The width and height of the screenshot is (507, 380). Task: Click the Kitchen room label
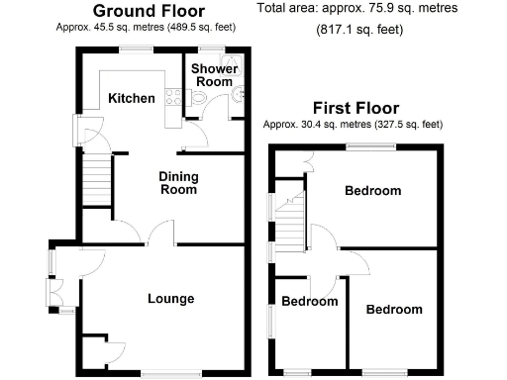132,99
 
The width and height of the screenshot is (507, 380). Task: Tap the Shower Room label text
214,75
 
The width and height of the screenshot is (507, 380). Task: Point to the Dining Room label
179,183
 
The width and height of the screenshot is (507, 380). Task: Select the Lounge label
170,299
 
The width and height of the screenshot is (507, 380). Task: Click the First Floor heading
355,108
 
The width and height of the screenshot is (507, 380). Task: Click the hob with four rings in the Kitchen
169,97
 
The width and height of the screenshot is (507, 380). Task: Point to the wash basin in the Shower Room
237,95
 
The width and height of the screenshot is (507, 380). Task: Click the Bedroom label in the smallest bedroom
309,302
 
